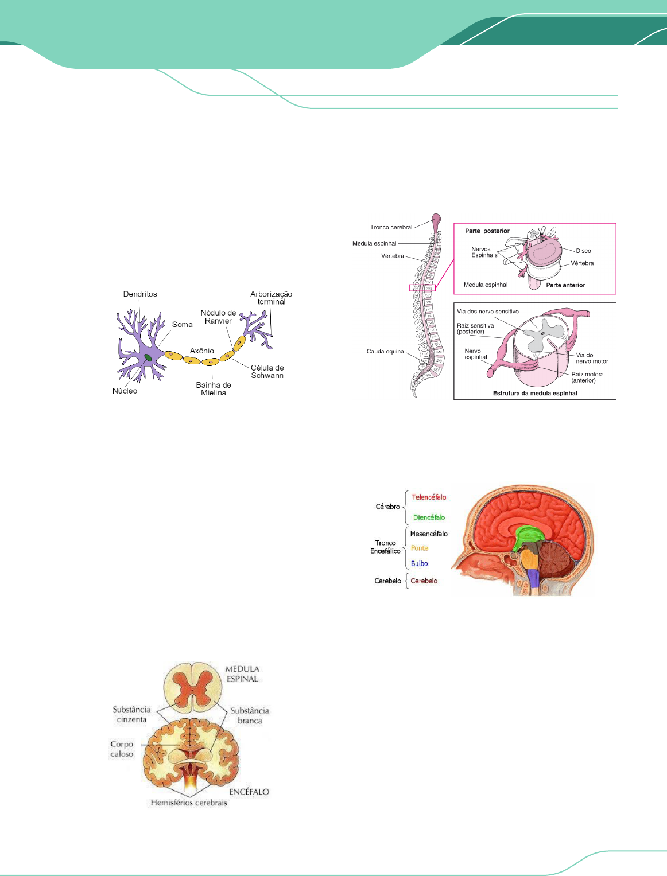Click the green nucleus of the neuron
tap(148, 357)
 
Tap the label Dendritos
tap(140, 294)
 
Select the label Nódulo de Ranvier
tap(218, 317)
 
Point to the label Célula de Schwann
tap(267, 372)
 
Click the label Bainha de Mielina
tap(214, 389)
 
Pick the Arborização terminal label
tap(271, 298)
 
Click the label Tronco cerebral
tap(391, 227)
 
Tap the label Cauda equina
tap(385, 351)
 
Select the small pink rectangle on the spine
tap(422, 287)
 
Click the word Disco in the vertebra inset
tap(583, 251)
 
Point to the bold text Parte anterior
tap(565, 285)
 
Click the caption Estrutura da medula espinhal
tap(535, 394)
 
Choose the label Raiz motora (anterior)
tap(587, 377)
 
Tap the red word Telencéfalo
tap(429, 497)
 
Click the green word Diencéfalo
tap(429, 517)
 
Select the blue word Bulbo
tap(419, 564)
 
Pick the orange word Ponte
tap(420, 548)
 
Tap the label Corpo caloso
tap(122, 749)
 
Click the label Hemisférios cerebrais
tap(189, 803)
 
